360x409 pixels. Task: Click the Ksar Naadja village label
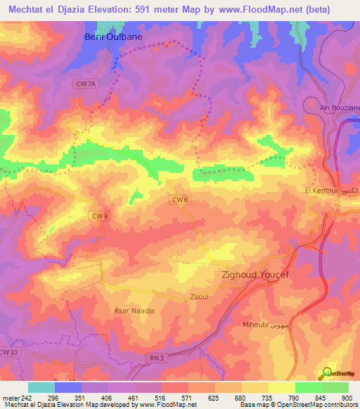click(x=133, y=310)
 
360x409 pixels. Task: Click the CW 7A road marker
click(x=84, y=83)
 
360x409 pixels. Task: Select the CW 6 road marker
click(x=180, y=200)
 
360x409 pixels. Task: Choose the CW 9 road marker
click(x=99, y=216)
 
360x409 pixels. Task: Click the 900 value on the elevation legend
click(x=345, y=397)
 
